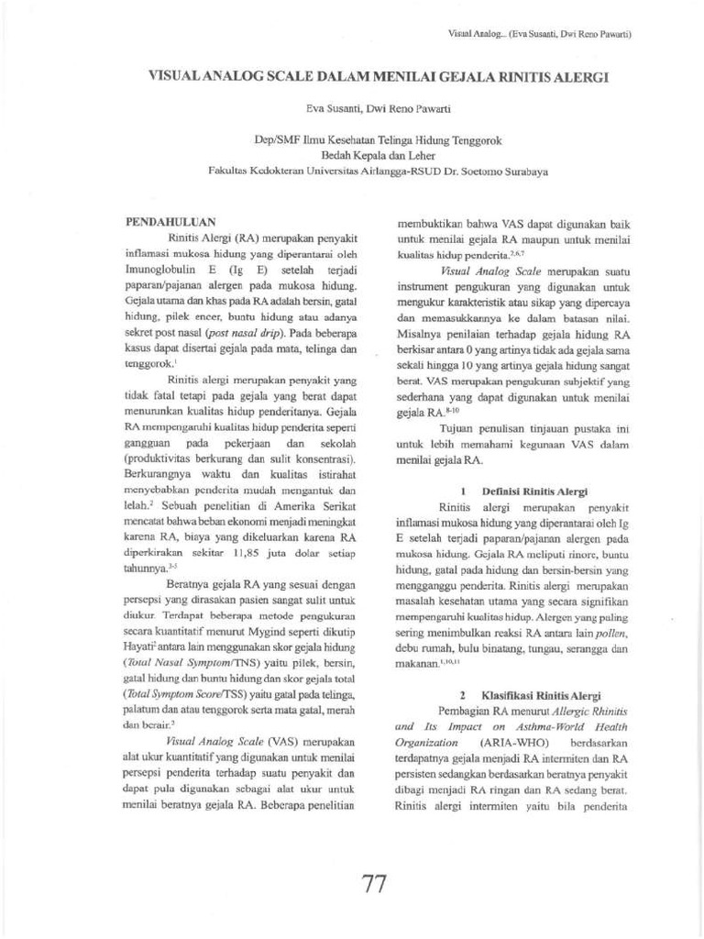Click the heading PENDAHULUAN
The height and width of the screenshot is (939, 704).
pos(170,221)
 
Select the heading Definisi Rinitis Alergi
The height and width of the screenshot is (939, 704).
pos(535,492)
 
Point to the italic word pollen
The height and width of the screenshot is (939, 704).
pos(610,633)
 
